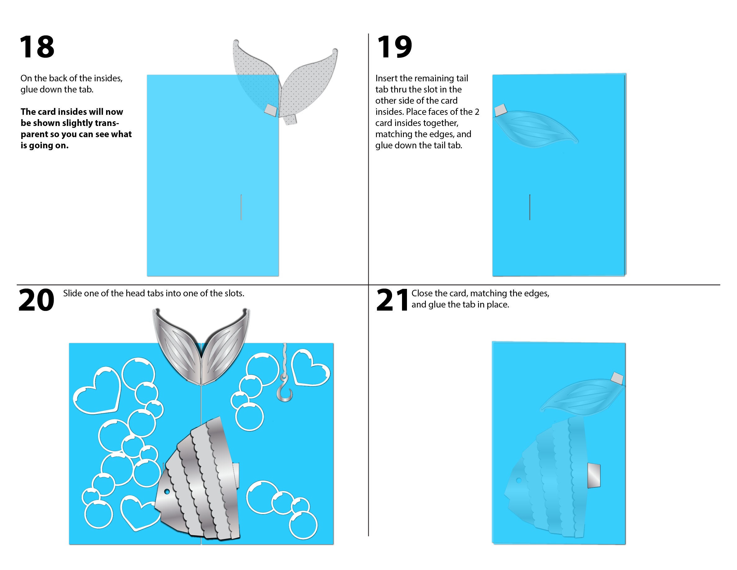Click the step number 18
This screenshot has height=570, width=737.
[37, 47]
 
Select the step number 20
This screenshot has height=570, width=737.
[36, 300]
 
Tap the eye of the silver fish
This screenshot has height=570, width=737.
[167, 492]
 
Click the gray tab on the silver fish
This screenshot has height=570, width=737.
[236, 471]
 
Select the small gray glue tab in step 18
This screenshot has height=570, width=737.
[270, 110]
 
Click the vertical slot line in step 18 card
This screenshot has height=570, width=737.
[241, 207]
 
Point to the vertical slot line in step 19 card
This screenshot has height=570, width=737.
[529, 207]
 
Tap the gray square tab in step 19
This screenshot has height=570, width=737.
[500, 110]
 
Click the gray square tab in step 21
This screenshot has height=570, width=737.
[617, 379]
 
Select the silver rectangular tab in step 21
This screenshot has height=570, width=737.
[594, 475]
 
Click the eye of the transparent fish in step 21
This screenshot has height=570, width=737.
[519, 480]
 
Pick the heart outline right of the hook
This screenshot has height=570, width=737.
[310, 368]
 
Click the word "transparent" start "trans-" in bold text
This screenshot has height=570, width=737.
[108, 123]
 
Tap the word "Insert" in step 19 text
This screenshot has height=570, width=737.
[386, 78]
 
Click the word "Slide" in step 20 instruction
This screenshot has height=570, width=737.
[72, 293]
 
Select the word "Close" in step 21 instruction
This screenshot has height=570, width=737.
[422, 293]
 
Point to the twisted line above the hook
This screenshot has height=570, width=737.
[285, 358]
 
